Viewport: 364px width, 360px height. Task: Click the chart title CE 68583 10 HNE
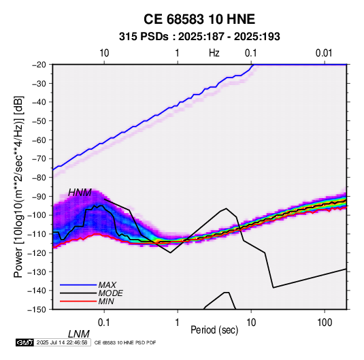click(199, 19)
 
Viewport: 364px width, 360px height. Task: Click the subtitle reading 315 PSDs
click(144, 37)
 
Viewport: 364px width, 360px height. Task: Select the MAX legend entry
click(107, 284)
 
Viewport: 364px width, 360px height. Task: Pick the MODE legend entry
click(110, 293)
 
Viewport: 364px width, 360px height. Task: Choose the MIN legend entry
click(106, 301)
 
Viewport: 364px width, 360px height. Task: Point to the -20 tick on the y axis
click(39, 65)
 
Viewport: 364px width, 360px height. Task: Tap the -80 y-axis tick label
click(39, 178)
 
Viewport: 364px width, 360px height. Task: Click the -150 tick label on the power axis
click(37, 310)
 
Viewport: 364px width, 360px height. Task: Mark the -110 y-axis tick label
click(37, 234)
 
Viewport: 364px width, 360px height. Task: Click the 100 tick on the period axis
click(325, 323)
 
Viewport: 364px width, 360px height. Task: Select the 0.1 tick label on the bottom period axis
click(103, 323)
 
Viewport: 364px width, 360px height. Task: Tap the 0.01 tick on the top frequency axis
click(324, 53)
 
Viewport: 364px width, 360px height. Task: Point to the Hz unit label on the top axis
click(214, 53)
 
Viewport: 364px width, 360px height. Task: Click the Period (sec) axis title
click(214, 330)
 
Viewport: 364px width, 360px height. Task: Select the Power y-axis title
click(18, 187)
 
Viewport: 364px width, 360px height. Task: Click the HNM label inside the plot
click(80, 193)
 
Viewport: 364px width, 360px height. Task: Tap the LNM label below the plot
click(78, 334)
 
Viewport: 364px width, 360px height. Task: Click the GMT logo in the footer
click(24, 342)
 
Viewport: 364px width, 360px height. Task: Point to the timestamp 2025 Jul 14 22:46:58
click(62, 342)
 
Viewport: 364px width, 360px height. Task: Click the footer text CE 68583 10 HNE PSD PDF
click(125, 342)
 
